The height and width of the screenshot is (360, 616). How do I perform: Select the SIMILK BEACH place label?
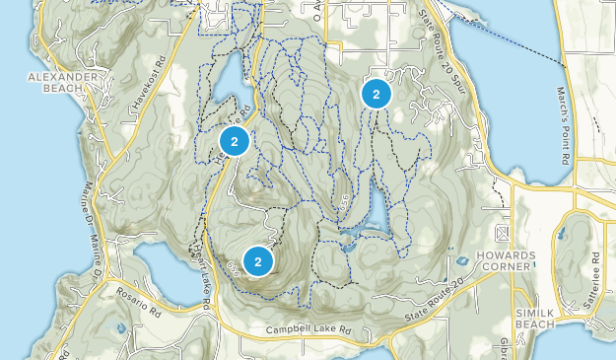coord(535,318)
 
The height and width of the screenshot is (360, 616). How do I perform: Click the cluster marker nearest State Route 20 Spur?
coord(376,94)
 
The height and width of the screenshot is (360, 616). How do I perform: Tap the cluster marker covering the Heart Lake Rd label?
coord(235,141)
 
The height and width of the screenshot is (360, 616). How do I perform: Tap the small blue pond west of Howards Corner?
coord(461,261)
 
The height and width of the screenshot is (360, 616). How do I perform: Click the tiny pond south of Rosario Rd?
coord(119,327)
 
